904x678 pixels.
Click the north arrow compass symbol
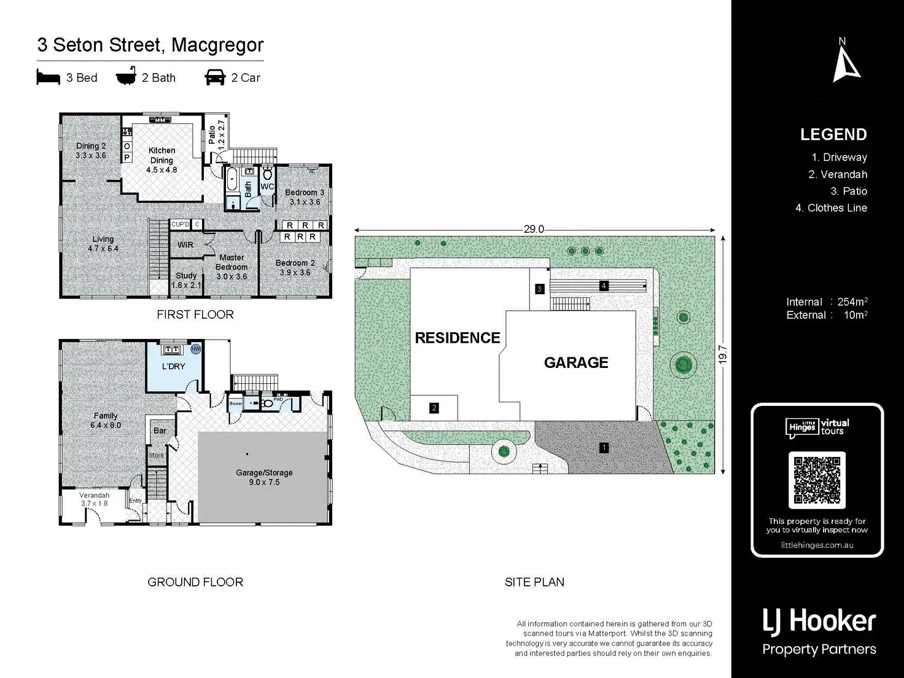click(846, 64)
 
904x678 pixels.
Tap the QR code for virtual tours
click(817, 479)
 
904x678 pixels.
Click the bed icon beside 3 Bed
click(48, 77)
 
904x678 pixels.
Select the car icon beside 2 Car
click(215, 77)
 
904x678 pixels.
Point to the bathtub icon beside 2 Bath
click(126, 77)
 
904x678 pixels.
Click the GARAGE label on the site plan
click(576, 363)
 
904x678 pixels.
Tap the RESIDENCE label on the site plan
click(458, 338)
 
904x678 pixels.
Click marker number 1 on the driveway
click(604, 448)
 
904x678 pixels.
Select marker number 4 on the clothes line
click(604, 286)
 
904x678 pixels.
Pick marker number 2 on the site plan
click(434, 408)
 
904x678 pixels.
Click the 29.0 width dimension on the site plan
click(534, 229)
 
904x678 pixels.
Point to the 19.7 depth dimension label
click(723, 354)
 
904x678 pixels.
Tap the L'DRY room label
click(173, 367)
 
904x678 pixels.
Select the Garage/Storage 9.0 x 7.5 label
click(264, 477)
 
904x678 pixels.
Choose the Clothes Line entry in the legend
click(831, 208)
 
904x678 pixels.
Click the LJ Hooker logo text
click(819, 621)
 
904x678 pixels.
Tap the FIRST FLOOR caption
click(195, 314)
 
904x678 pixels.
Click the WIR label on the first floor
click(185, 245)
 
